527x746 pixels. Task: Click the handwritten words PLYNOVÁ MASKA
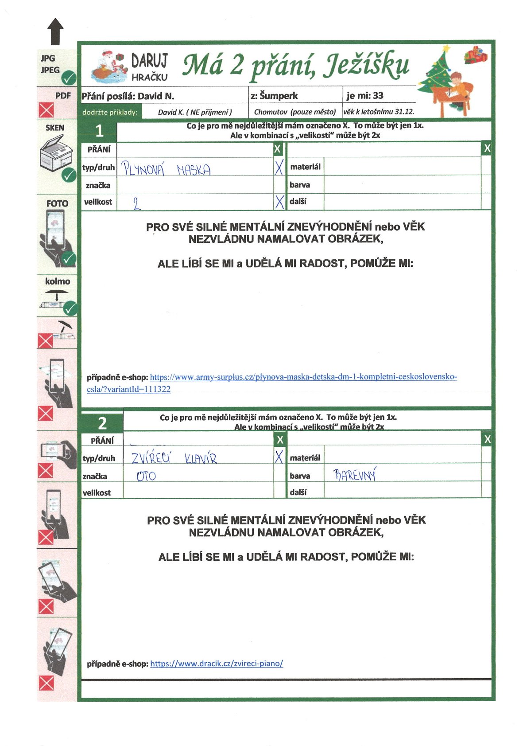(x=166, y=169)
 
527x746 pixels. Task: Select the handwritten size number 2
(x=137, y=203)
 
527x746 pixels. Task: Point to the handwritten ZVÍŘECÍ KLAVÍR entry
(x=174, y=458)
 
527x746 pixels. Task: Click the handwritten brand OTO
(x=146, y=477)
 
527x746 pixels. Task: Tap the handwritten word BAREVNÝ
(x=355, y=476)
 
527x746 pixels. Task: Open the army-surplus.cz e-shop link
(x=303, y=377)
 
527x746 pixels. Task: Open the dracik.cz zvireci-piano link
(x=217, y=664)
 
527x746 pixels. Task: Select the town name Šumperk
(x=279, y=96)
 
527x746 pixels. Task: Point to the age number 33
(x=378, y=96)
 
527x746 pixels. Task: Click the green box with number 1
(x=99, y=131)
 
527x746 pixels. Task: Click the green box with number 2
(x=102, y=423)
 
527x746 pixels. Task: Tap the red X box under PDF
(x=46, y=109)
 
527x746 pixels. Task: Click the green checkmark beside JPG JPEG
(x=69, y=78)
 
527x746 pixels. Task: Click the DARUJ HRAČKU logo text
(x=149, y=67)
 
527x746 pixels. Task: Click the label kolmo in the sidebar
(x=58, y=281)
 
